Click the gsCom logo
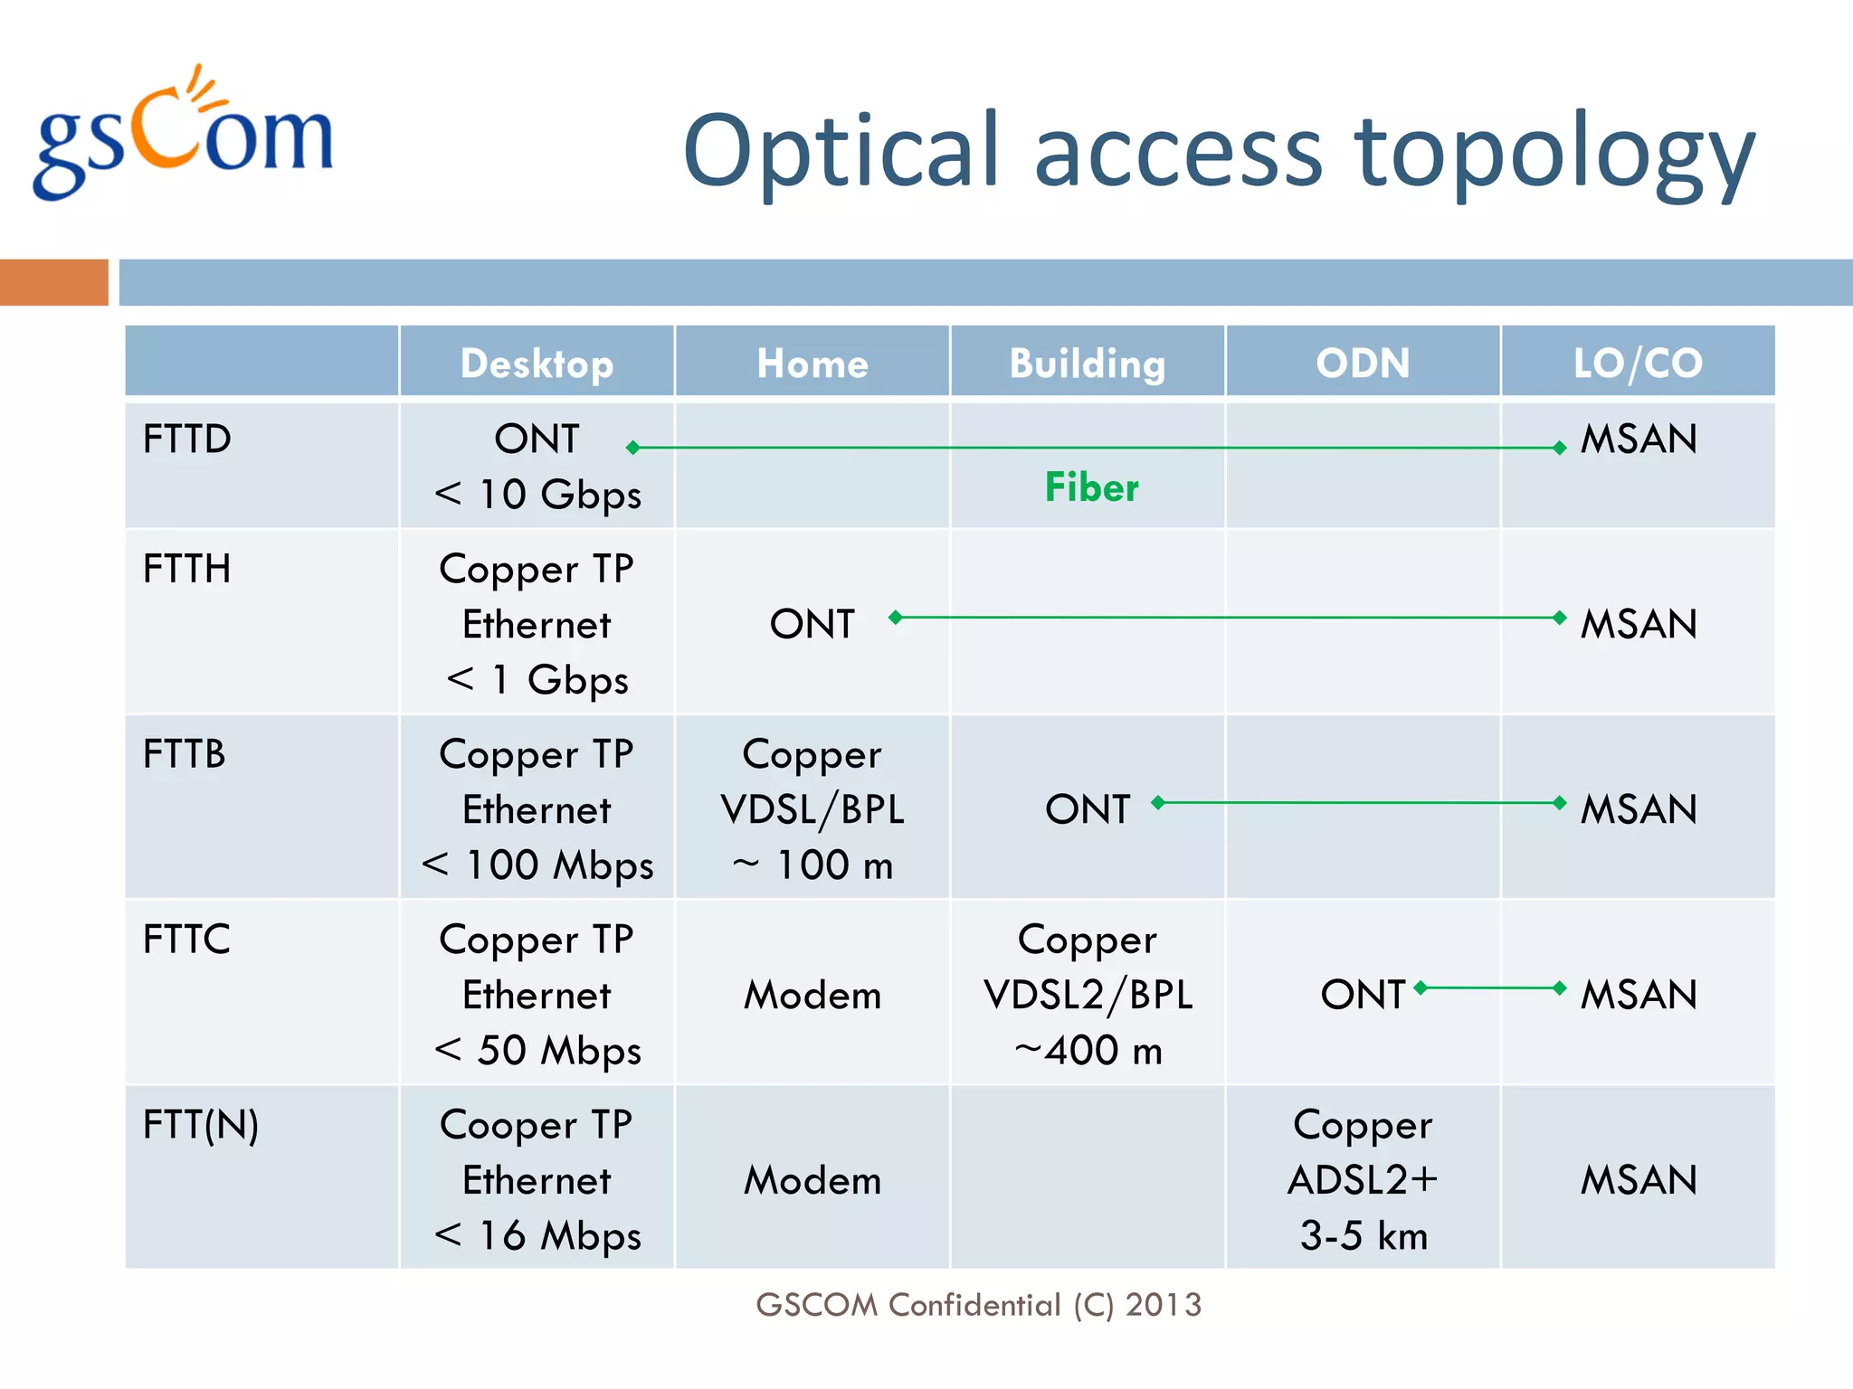(184, 136)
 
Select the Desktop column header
(537, 364)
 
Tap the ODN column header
(1363, 364)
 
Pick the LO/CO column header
(1638, 364)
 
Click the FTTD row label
(187, 439)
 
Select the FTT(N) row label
(201, 1126)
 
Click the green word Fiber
(1091, 487)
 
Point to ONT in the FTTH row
(812, 624)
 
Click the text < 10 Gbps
(537, 495)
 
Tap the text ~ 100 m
(812, 865)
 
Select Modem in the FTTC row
(812, 996)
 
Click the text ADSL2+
(1363, 1180)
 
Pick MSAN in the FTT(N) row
(1638, 1180)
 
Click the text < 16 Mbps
(537, 1236)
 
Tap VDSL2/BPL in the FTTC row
(1088, 996)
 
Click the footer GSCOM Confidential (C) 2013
(978, 1305)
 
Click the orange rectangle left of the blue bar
(54, 282)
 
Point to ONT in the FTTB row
(1088, 809)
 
